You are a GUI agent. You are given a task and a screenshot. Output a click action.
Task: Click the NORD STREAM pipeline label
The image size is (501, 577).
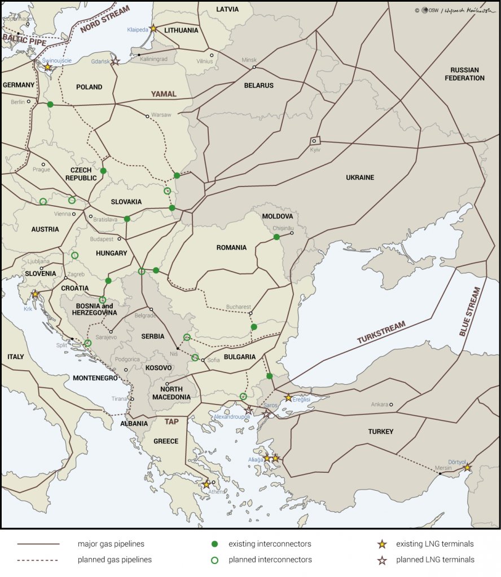pos(105,20)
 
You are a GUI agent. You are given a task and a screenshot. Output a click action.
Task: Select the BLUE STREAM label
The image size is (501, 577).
pos(469,312)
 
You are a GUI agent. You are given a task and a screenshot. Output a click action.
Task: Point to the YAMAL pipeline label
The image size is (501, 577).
pos(164,94)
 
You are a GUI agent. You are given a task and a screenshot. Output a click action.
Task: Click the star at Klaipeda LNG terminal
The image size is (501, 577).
pos(153,28)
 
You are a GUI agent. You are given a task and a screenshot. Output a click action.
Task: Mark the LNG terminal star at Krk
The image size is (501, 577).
pos(36,294)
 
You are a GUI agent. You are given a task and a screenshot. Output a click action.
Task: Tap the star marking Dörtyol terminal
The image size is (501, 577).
pos(467,468)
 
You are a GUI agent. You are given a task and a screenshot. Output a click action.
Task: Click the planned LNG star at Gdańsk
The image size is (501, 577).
pos(115,61)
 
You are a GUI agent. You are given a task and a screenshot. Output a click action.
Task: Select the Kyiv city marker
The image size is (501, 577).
pos(314,141)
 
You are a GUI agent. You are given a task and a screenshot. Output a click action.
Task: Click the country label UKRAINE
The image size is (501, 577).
pos(360,177)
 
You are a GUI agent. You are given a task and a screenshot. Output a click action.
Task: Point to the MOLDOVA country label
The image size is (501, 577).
pos(278,216)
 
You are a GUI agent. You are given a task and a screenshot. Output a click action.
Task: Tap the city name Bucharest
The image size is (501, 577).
pos(238,307)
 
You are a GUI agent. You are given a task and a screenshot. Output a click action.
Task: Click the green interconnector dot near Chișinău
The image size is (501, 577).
pos(276,237)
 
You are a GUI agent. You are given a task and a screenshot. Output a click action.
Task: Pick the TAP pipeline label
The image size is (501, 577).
pos(172,421)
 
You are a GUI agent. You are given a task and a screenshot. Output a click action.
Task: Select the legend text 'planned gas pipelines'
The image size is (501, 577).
pos(115,560)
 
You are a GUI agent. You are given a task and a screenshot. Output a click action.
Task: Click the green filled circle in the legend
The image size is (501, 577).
pos(214,544)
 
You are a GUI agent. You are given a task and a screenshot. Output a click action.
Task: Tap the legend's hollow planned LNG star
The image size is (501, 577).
pos(382,560)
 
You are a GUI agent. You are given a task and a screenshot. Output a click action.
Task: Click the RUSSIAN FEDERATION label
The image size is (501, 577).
pos(464,74)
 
